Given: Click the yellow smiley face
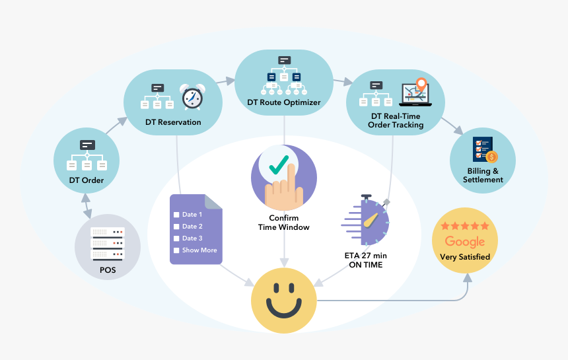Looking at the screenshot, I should coord(284,301).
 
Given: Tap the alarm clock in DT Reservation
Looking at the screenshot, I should coord(192,97).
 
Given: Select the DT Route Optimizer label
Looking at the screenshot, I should coord(284,102).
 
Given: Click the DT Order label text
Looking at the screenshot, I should coord(87,180).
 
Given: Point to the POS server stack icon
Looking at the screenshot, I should coord(107,243).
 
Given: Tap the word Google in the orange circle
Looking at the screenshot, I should coord(465,242).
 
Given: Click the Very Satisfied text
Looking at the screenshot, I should coord(465,256).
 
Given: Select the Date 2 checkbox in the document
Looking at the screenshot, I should coord(176,227).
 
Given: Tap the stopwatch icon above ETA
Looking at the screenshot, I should coord(367,219).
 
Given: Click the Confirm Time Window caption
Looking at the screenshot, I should coord(283,223).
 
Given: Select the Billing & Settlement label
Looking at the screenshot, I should coord(483,176).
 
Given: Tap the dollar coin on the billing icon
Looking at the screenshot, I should coord(491,157).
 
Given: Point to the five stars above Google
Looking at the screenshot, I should coord(465,226).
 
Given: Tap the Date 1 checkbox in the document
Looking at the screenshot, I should coord(176,215).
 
